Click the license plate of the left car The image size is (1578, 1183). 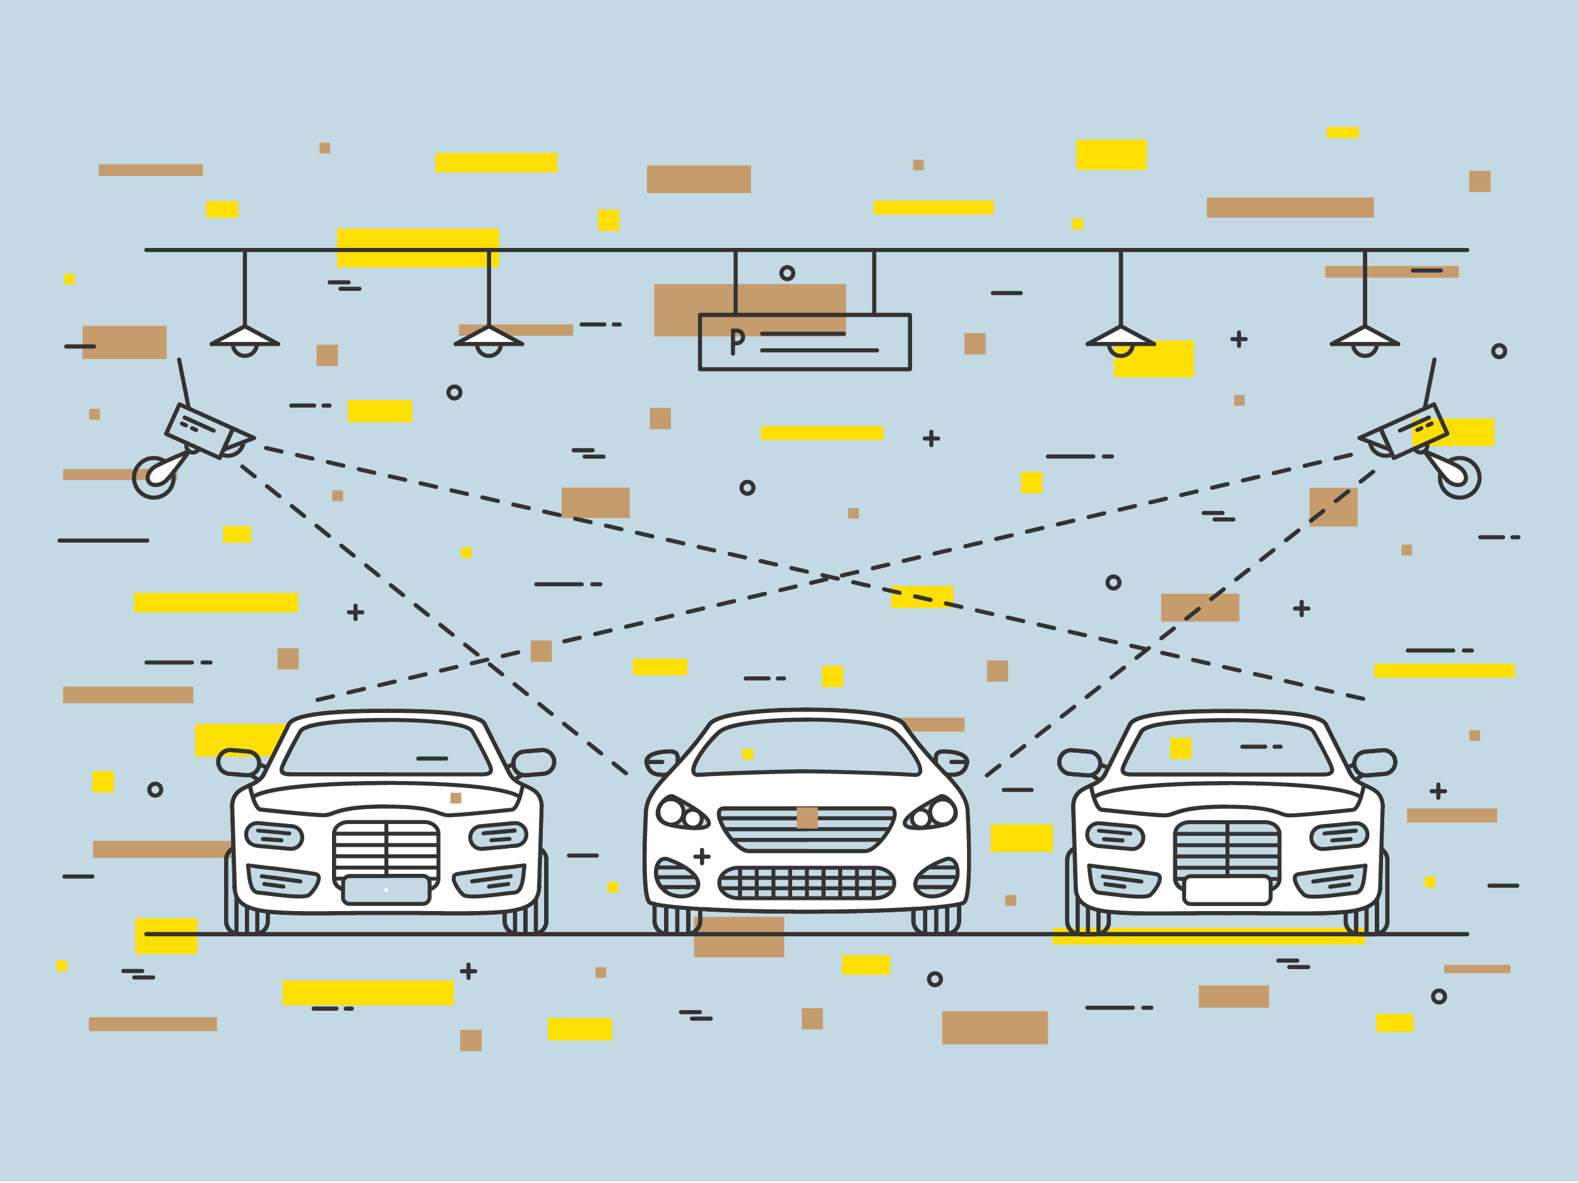(386, 890)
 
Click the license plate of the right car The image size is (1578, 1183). (1227, 890)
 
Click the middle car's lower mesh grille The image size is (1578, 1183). (806, 883)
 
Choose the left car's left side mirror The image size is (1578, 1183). (238, 762)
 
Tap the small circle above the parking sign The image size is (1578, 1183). (787, 273)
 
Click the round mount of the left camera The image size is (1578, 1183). (154, 477)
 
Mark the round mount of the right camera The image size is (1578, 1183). (1459, 477)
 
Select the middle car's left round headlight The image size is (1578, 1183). (672, 811)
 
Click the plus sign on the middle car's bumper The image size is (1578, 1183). (702, 856)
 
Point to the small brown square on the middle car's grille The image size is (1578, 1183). (807, 818)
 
